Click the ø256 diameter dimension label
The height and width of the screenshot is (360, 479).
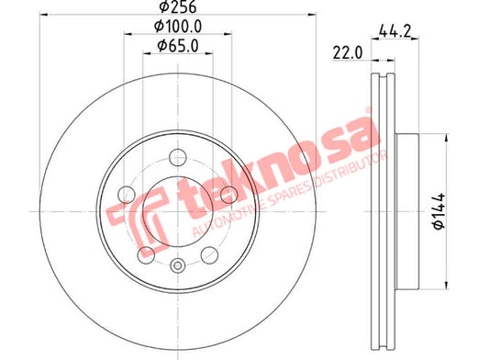pos(178,6)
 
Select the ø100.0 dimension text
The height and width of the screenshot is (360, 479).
pos(178,27)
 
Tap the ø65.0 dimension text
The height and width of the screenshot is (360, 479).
pos(178,46)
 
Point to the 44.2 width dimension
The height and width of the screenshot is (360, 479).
pos(395,31)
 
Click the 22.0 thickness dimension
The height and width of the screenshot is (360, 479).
pos(348,53)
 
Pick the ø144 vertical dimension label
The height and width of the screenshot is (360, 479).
pos(439,211)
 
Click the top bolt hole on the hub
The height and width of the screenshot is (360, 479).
pos(178,157)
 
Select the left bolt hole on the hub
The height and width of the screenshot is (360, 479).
pos(127,195)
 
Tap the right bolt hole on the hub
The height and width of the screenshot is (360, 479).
pos(229,195)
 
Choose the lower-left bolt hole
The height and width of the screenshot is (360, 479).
pos(146,254)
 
